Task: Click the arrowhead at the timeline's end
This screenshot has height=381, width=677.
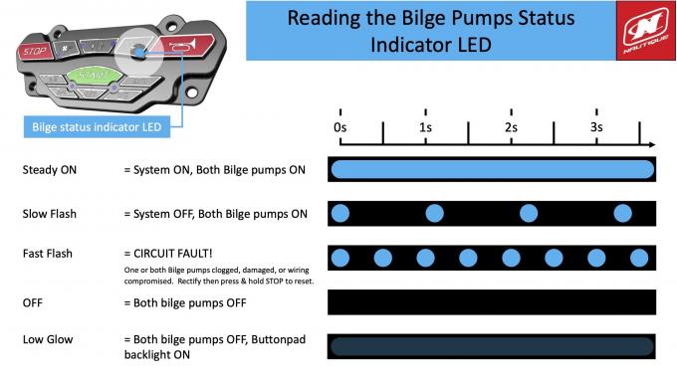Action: click(647, 144)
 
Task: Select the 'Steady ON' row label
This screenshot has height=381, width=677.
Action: click(49, 170)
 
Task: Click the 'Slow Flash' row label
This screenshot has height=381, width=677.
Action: click(49, 214)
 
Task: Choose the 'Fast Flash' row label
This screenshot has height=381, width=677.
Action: click(48, 255)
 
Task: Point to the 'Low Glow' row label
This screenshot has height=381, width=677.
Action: click(48, 340)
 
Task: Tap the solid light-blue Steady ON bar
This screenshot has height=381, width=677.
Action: click(492, 170)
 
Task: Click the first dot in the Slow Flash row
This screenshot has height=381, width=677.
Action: click(340, 213)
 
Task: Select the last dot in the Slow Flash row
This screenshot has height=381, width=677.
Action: click(622, 213)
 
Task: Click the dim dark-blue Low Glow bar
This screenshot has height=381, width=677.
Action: click(492, 346)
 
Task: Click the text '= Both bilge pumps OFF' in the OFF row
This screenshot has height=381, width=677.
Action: click(182, 302)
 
